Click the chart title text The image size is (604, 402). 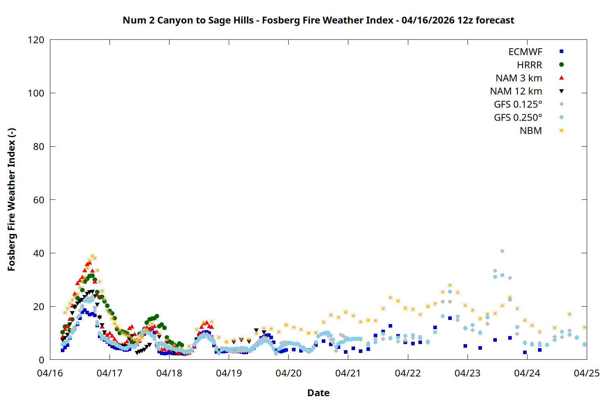tap(318, 20)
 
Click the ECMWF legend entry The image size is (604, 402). tap(525, 52)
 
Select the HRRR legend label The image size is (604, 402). tap(530, 65)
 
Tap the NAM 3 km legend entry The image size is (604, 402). tap(519, 78)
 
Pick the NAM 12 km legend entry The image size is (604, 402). tap(516, 91)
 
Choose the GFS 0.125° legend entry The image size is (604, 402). tap(518, 105)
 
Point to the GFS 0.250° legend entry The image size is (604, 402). tap(518, 118)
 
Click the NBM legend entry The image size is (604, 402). tap(531, 131)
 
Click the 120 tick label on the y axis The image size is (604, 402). tap(36, 40)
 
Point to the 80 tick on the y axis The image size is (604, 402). tap(39, 147)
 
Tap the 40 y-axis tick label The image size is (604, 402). tap(39, 253)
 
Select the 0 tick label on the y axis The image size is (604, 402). tap(41, 360)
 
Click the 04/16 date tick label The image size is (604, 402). tap(50, 373)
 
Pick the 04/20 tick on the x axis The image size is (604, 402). tap(288, 373)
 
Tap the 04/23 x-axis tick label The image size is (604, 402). tap(467, 373)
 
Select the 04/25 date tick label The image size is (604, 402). tap(586, 373)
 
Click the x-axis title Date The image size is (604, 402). tap(318, 393)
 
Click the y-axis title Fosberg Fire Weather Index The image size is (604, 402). tap(11, 200)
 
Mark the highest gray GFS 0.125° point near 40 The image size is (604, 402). tap(502, 251)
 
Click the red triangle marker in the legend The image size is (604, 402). tap(561, 78)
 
